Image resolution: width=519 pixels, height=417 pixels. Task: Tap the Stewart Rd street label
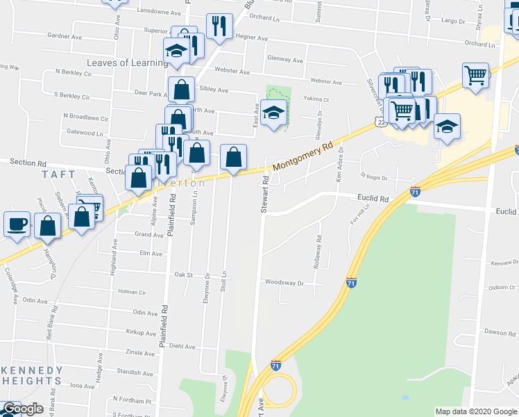tap(265, 193)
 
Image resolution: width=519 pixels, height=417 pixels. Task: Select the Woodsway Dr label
tap(284, 283)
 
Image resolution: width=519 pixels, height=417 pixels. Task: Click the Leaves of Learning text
tap(127, 63)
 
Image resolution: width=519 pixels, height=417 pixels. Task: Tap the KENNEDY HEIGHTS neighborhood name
tap(31, 375)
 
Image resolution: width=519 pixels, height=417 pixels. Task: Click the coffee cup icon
tap(17, 224)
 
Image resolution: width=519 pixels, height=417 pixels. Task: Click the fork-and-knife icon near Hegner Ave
tap(219, 26)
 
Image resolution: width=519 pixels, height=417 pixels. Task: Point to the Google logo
tap(23, 409)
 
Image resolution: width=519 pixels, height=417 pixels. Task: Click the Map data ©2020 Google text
tap(476, 411)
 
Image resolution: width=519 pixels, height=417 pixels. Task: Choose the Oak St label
tap(183, 275)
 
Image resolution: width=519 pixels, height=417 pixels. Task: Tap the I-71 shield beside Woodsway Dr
tap(352, 282)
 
